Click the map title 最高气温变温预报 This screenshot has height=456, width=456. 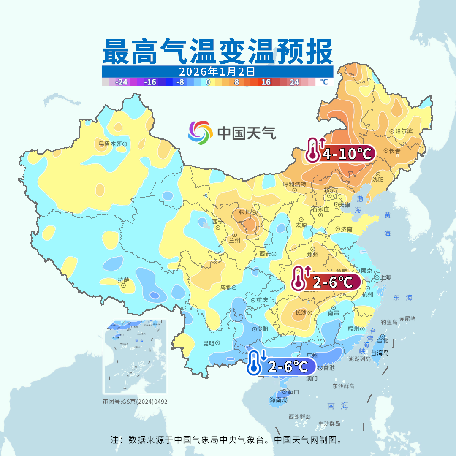click(217, 52)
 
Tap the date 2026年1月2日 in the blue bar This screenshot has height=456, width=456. click(217, 71)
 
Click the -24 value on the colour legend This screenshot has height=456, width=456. click(121, 82)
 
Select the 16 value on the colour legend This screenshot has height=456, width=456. click(266, 82)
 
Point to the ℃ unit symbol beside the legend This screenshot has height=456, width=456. click(323, 82)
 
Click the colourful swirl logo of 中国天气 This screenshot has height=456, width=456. click(200, 132)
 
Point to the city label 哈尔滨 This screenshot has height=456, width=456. click(404, 131)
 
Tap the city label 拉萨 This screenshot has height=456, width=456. click(123, 280)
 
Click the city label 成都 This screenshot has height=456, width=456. click(226, 288)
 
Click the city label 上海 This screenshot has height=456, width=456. click(385, 277)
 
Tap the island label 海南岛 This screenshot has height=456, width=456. click(278, 400)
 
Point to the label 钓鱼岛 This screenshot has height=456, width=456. click(389, 322)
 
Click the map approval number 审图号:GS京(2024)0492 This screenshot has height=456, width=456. click(135, 402)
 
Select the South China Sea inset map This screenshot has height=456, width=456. click(135, 357)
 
